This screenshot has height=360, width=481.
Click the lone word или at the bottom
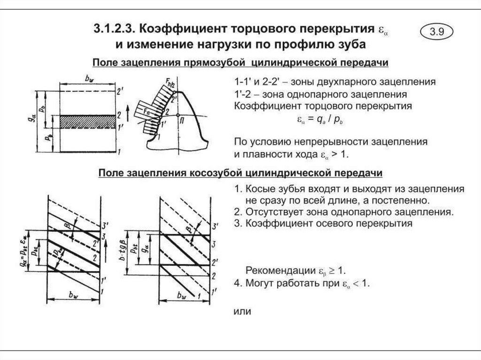coord(243,310)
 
